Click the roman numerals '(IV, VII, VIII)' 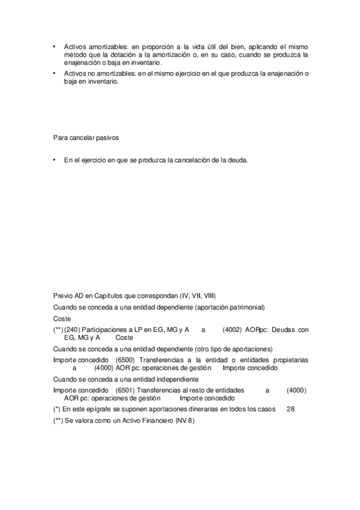tap(198, 296)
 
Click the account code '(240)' tap(72, 330)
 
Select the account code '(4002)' tap(233, 330)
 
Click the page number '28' tap(291, 410)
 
